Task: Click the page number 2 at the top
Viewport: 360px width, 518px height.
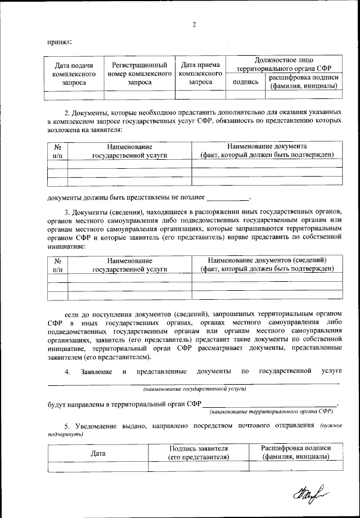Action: coord(193,24)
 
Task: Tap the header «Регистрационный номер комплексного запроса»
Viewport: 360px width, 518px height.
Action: coord(139,74)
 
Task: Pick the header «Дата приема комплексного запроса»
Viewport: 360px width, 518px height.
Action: coord(200,74)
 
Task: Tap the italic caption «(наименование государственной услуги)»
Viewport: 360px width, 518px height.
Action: coord(194,389)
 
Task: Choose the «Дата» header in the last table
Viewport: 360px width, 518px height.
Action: coord(98,453)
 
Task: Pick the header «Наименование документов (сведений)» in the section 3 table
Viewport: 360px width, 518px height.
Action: coord(267,260)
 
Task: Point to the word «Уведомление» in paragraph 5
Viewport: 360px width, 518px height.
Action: coord(94,426)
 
